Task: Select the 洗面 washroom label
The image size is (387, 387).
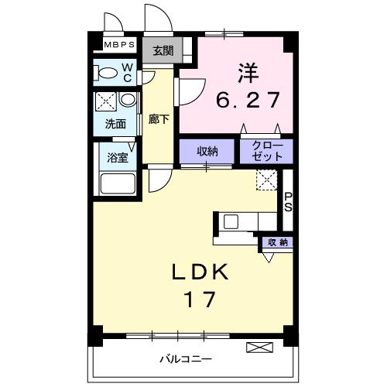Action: point(115,123)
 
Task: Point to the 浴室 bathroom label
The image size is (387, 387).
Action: point(118,156)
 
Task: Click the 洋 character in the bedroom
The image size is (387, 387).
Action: point(247,74)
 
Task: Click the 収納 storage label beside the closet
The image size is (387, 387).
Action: point(207,152)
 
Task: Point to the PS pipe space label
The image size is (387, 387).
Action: point(287,201)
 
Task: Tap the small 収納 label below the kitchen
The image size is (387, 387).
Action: point(277,242)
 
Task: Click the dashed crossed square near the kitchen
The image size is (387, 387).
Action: point(265,180)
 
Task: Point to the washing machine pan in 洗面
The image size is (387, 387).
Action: point(106,102)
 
